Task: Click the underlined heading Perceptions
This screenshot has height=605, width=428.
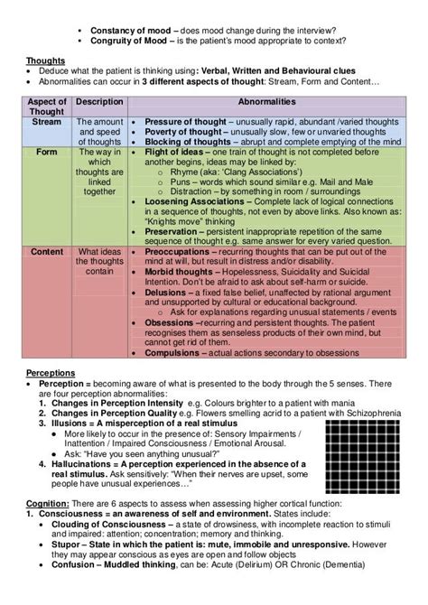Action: [x=51, y=372]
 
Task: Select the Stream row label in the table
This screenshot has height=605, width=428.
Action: [x=47, y=120]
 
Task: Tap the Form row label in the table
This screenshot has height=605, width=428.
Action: [x=47, y=153]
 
